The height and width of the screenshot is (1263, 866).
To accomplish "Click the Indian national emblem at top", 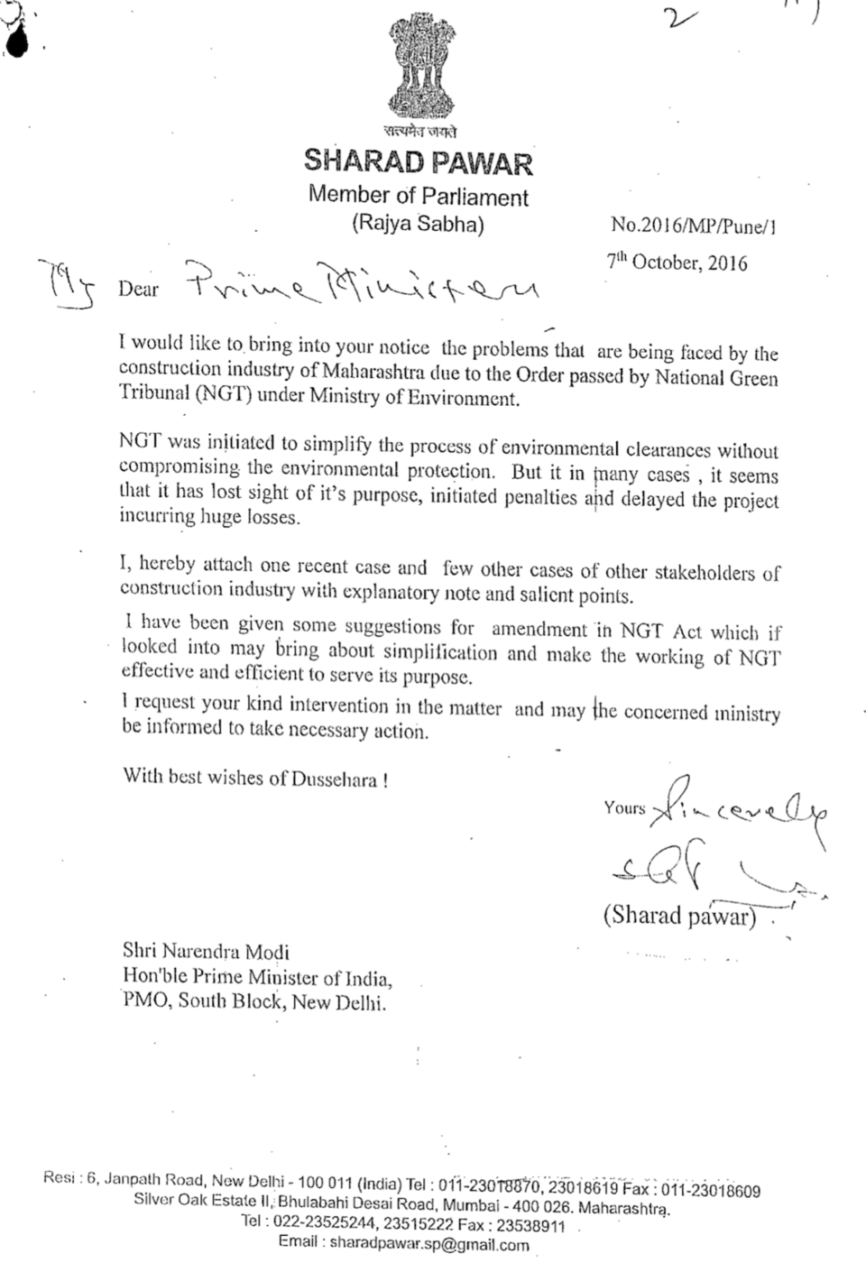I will click(418, 67).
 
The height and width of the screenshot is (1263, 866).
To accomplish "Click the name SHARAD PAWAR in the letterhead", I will click(419, 162).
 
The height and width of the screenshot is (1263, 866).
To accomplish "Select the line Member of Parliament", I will click(419, 195).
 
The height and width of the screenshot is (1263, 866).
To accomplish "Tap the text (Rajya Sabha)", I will click(418, 225).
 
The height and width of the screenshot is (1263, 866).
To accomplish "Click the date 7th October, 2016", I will click(677, 262).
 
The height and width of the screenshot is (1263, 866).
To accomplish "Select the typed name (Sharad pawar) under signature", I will click(679, 917).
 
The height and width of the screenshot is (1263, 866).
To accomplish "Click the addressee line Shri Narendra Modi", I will click(207, 951).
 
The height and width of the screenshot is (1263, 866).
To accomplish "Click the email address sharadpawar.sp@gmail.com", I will click(428, 1245).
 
